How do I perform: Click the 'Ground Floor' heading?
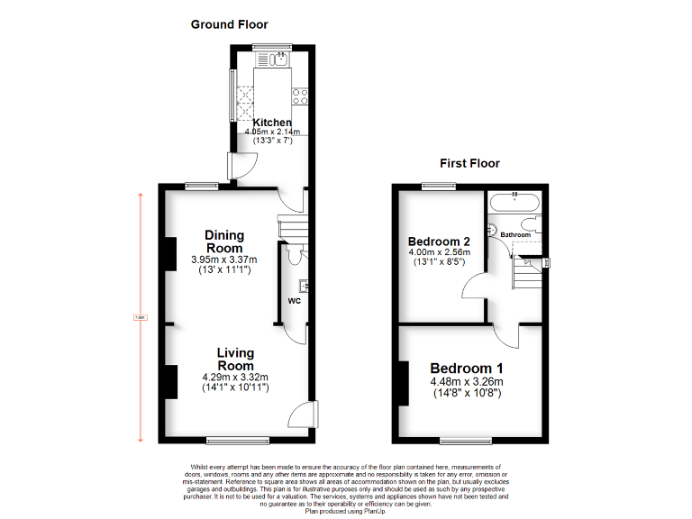[229, 24]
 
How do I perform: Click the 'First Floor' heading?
[469, 163]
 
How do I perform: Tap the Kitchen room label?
[271, 123]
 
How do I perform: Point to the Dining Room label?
[224, 241]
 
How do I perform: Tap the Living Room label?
[235, 359]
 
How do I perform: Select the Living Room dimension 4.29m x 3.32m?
[235, 377]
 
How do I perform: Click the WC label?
[294, 300]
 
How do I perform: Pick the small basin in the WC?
[305, 287]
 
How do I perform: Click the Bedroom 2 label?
[439, 241]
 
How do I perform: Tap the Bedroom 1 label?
[466, 368]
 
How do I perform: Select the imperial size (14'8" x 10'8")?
[466, 394]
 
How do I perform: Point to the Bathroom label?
[516, 234]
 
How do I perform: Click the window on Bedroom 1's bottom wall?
[466, 440]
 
